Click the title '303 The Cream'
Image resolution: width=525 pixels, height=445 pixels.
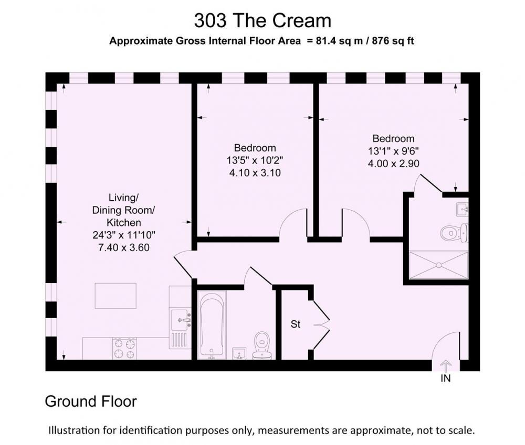pos(263,20)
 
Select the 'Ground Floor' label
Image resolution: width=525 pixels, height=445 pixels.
pos(91,401)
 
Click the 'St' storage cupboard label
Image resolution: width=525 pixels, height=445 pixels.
pos(295,324)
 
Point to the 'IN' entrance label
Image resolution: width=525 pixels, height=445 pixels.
pos(446,378)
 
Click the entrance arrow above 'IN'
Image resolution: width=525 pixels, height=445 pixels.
pos(445,366)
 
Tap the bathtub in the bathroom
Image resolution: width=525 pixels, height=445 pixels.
pos(212,325)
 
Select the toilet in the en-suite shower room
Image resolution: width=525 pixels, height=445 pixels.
pos(454,232)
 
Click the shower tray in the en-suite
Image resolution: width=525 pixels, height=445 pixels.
pos(438,265)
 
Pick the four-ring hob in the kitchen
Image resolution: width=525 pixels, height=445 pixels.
pos(125,349)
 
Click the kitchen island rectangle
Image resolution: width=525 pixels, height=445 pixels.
pos(115,296)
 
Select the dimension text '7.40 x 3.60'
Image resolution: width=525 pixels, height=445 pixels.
pos(124,248)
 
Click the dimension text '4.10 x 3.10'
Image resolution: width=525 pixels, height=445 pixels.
pos(255,173)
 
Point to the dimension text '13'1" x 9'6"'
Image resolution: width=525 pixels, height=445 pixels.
pos(393,151)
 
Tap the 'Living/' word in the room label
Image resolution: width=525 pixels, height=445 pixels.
pos(123,198)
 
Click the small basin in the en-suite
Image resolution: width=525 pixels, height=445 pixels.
pos(462,210)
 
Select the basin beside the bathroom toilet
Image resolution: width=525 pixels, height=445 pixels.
pos(239,353)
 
